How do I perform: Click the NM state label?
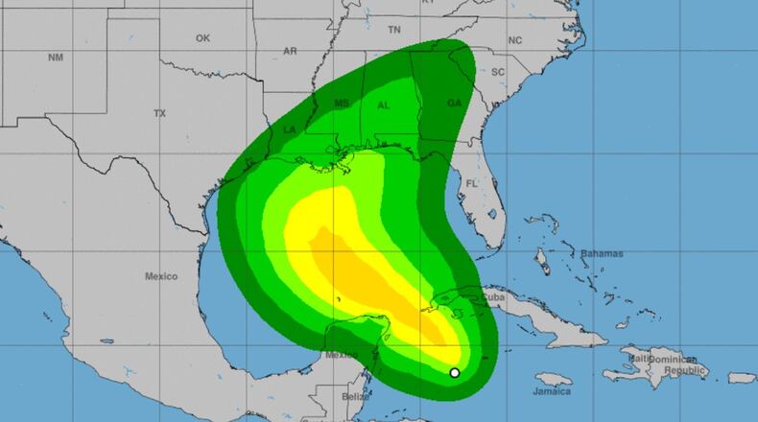pos(55,59)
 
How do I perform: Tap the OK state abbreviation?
pos(202,38)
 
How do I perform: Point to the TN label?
pos(393,31)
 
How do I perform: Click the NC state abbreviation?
pos(515,40)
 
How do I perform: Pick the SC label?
pos(498,72)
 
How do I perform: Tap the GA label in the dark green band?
pos(455,104)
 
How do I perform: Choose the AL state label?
pos(384,105)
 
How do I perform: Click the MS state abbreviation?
pos(342,103)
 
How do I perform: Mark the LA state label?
pos(290,129)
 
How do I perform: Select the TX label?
pos(160,113)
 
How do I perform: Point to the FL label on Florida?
pos(471,182)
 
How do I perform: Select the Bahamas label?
pos(602,254)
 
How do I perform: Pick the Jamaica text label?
pos(553,391)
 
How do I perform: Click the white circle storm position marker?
pos(455,373)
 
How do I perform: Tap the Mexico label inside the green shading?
pos(342,354)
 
